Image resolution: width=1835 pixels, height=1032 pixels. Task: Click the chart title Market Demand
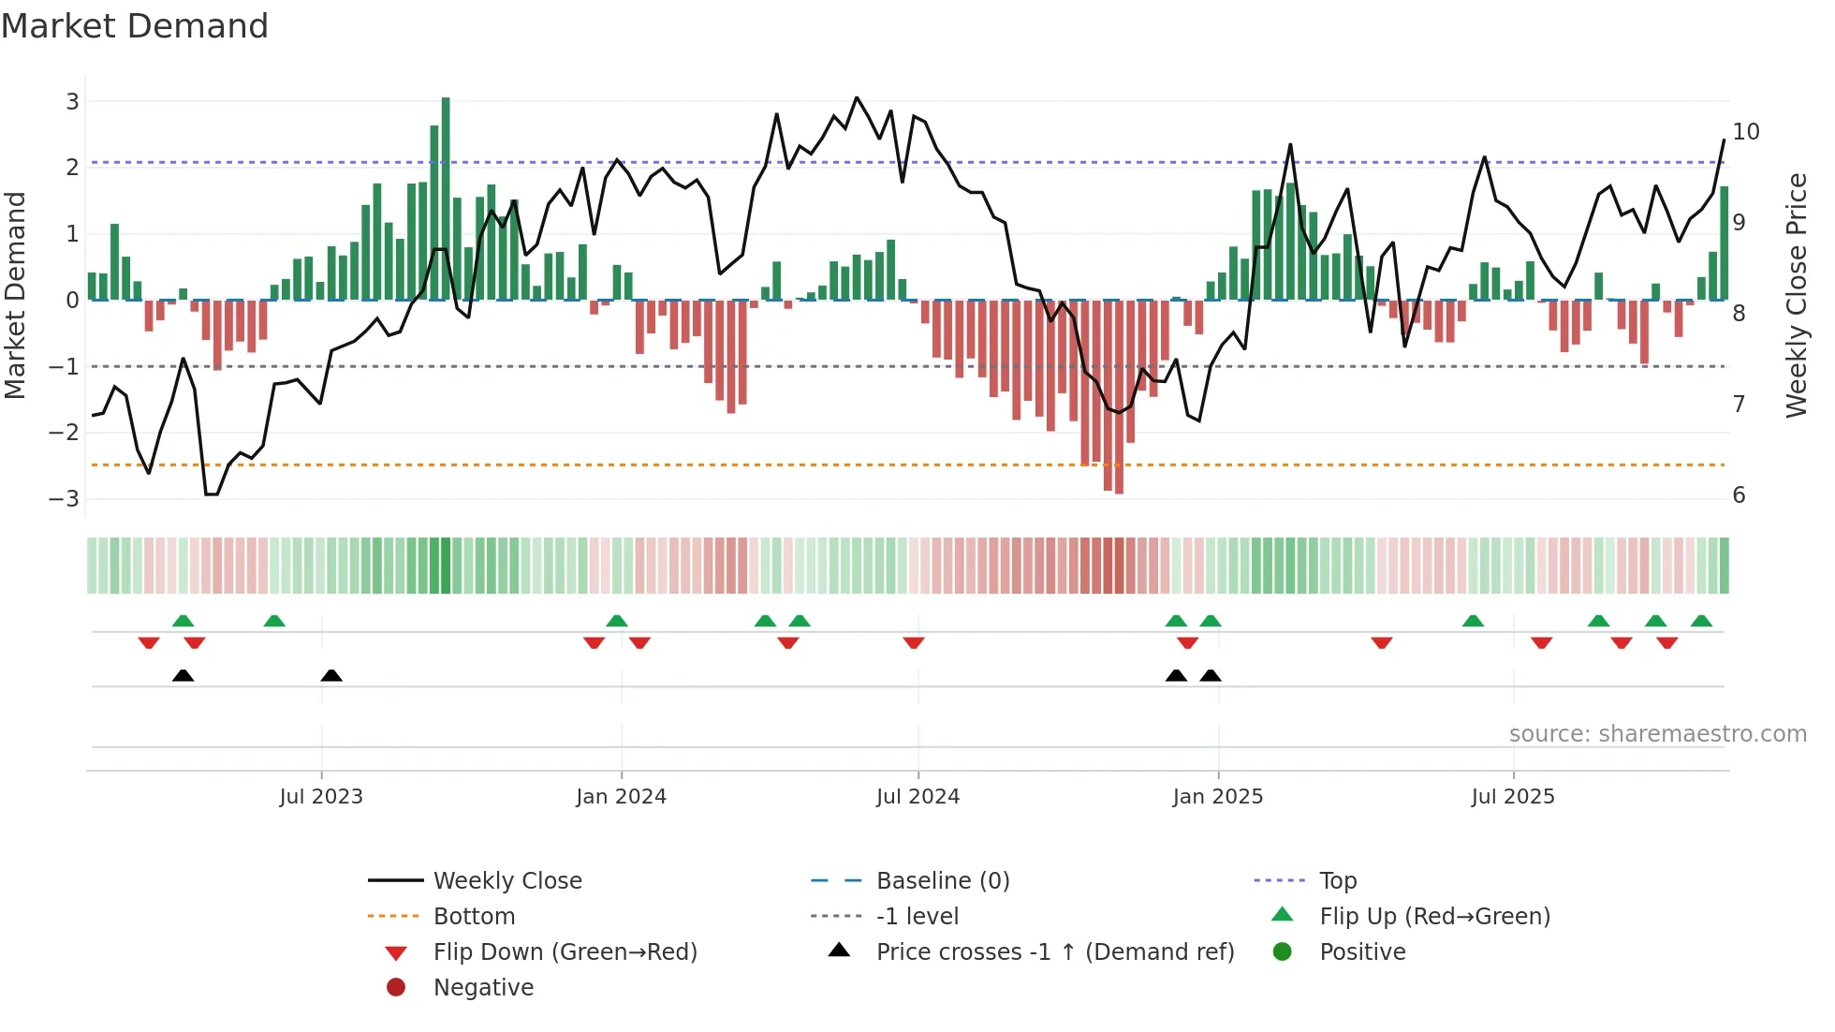tap(135, 25)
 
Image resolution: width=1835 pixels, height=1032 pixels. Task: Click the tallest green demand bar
tap(446, 199)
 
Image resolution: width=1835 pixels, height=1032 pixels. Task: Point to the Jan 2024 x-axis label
tap(621, 796)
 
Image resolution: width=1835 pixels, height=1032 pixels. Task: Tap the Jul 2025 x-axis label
tap(1512, 796)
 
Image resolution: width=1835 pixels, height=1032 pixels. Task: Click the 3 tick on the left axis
tap(72, 101)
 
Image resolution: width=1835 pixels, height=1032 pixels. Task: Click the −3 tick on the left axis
tap(66, 498)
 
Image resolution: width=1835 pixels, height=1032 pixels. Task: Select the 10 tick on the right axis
tap(1745, 132)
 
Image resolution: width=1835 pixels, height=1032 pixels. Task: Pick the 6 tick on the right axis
tap(1739, 494)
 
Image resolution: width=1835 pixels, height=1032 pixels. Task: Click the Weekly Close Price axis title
tap(1796, 295)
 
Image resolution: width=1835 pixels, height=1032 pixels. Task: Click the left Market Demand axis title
tap(15, 295)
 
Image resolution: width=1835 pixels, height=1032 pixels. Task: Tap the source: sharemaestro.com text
tap(1657, 734)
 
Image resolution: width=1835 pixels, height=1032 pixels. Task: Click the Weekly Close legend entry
tap(506, 881)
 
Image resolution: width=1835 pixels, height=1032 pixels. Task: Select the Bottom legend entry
tap(474, 917)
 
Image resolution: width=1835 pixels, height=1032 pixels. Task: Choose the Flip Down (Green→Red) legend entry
tap(565, 952)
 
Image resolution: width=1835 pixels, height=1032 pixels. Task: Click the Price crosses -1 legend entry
tap(1054, 952)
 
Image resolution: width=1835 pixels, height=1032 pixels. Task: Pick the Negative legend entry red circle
tap(396, 987)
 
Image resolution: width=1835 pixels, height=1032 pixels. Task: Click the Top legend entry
tap(1337, 881)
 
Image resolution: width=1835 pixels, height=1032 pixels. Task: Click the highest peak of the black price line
tap(856, 97)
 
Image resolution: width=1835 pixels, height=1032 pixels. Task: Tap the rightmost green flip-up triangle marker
tap(1701, 621)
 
